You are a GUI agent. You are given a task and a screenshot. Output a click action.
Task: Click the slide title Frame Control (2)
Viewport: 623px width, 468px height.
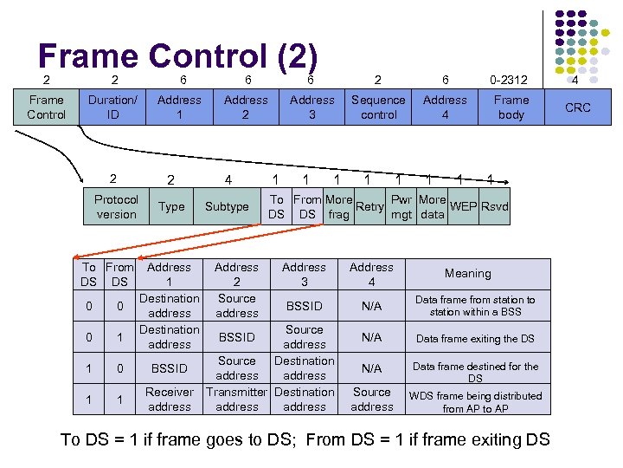[178, 56]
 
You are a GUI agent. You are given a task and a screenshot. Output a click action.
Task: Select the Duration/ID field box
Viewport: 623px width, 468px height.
[112, 107]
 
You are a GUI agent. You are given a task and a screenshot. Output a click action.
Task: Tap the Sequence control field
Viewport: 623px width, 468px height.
[378, 107]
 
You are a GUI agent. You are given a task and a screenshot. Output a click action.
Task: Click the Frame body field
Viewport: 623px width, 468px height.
[511, 107]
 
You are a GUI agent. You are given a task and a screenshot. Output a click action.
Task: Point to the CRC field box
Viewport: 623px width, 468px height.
[577, 107]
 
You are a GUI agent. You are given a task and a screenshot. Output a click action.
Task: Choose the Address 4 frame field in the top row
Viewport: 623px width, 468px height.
[445, 107]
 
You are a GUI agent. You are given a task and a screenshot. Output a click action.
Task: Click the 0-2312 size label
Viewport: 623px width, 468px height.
[511, 80]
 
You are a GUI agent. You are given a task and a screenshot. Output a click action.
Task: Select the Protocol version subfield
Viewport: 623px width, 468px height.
[116, 206]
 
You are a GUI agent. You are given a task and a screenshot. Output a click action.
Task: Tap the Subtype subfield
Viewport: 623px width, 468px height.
[227, 207]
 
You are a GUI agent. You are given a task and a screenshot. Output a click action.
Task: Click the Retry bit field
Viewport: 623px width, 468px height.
[369, 206]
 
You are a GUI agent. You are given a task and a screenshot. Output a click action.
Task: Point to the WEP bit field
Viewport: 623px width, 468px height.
[464, 206]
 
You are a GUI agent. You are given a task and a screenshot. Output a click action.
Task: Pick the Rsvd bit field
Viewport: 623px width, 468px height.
[495, 206]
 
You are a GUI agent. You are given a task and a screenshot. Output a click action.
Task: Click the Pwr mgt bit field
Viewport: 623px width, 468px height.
[401, 207]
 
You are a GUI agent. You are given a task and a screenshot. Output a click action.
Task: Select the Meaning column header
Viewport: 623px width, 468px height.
[467, 273]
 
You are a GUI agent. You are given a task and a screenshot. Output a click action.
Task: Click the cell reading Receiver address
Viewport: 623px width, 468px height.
[170, 399]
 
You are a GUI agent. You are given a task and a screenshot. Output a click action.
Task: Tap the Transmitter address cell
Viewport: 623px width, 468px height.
[236, 399]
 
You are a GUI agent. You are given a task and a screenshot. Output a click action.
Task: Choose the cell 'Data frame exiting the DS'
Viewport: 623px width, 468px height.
[475, 339]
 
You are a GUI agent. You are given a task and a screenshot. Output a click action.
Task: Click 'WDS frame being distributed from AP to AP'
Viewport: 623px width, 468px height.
[475, 401]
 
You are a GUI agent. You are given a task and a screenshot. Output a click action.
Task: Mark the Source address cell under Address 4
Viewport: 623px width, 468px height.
[372, 399]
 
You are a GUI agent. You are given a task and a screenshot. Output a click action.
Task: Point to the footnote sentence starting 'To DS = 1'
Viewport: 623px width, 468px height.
[305, 439]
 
